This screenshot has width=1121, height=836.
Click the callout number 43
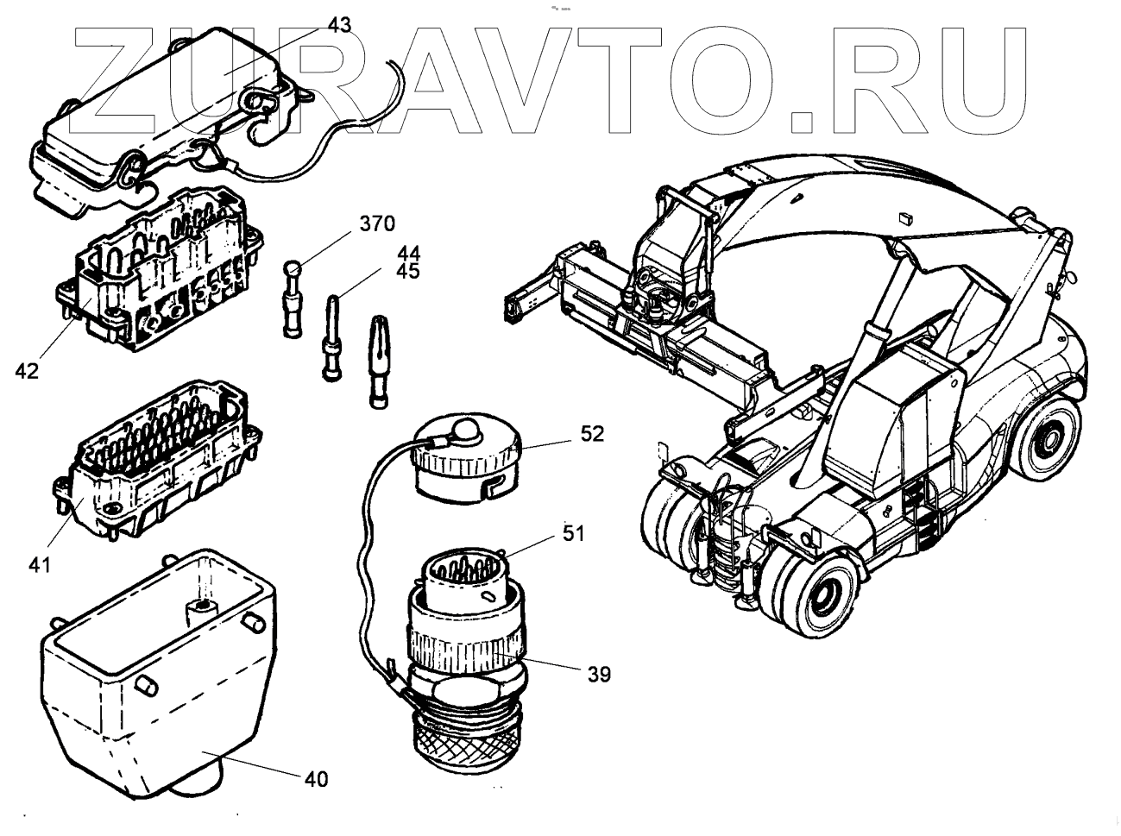339,25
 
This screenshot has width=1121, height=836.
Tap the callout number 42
27,371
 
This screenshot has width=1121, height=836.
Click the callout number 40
316,779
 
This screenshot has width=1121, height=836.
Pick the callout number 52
592,434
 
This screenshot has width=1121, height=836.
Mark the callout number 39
595,674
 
